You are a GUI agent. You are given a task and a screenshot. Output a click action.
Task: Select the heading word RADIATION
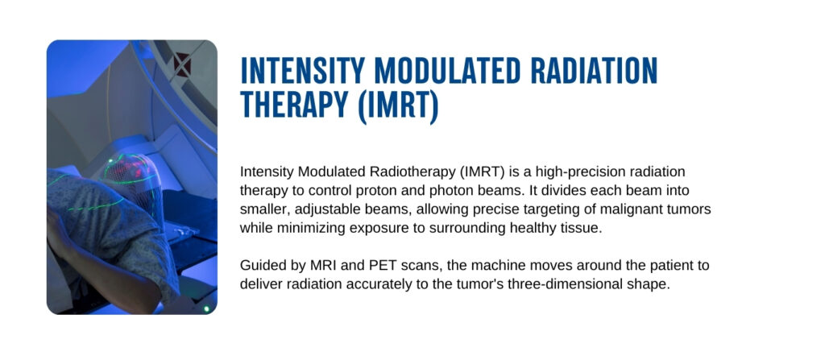[594, 70]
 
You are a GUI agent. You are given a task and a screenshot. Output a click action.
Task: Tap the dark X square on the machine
[182, 64]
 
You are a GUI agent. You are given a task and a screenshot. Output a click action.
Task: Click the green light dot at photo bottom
[207, 308]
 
